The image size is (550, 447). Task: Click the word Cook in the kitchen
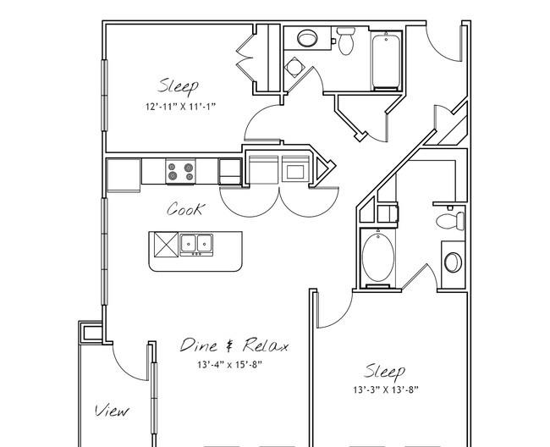point(184,209)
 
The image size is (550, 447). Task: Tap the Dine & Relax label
point(234,345)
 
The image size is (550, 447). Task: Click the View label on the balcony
point(112,410)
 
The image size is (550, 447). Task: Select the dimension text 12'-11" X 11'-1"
point(180,107)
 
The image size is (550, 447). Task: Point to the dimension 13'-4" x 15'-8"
point(230,365)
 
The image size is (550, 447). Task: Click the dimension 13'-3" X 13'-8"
point(386,389)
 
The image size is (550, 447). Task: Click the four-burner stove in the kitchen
point(180,171)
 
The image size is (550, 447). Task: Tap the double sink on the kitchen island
point(196,244)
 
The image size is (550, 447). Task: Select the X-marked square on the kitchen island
point(166,245)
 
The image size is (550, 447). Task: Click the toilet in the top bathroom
point(346,41)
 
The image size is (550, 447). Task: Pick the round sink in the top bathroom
point(307,38)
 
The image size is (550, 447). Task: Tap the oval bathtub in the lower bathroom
point(378,257)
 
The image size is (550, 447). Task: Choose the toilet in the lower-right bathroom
point(450,221)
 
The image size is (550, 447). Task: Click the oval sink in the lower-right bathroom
point(453,262)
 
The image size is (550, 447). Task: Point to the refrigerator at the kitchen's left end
point(124,175)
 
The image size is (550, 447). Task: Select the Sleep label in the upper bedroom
point(179,86)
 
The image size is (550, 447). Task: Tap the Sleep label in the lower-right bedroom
point(385,372)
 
